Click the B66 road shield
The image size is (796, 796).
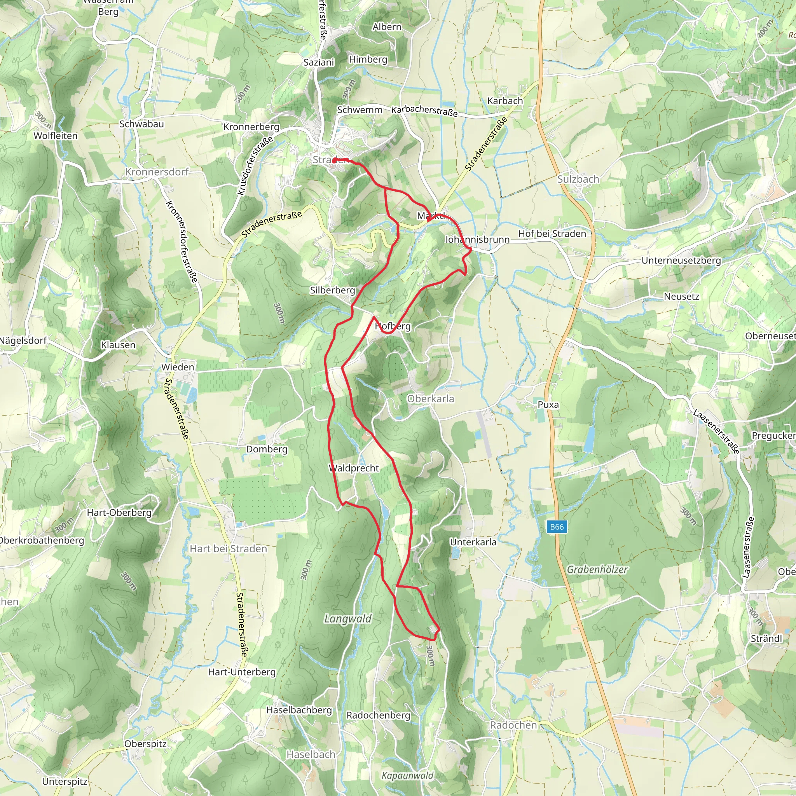(x=557, y=527)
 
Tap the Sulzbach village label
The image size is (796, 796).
(x=578, y=179)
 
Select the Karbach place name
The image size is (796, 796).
(x=505, y=101)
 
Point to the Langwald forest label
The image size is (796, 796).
(x=348, y=619)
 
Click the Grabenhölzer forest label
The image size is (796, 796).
(x=597, y=569)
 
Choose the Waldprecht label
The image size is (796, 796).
(x=354, y=468)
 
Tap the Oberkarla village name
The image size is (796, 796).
(x=431, y=399)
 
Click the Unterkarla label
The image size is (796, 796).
(x=473, y=542)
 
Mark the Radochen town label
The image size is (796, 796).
(x=513, y=725)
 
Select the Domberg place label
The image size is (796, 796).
(x=267, y=449)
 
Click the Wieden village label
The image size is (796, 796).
(x=178, y=367)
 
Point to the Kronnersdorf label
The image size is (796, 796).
(x=157, y=172)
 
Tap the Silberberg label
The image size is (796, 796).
(x=332, y=290)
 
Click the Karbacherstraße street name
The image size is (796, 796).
(x=424, y=111)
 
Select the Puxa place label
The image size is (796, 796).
(x=548, y=405)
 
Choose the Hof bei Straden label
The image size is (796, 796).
(x=552, y=234)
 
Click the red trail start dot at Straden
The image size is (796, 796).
(x=334, y=160)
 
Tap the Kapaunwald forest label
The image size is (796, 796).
(x=407, y=776)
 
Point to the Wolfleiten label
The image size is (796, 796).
(x=56, y=136)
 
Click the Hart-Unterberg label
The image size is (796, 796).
(x=242, y=672)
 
